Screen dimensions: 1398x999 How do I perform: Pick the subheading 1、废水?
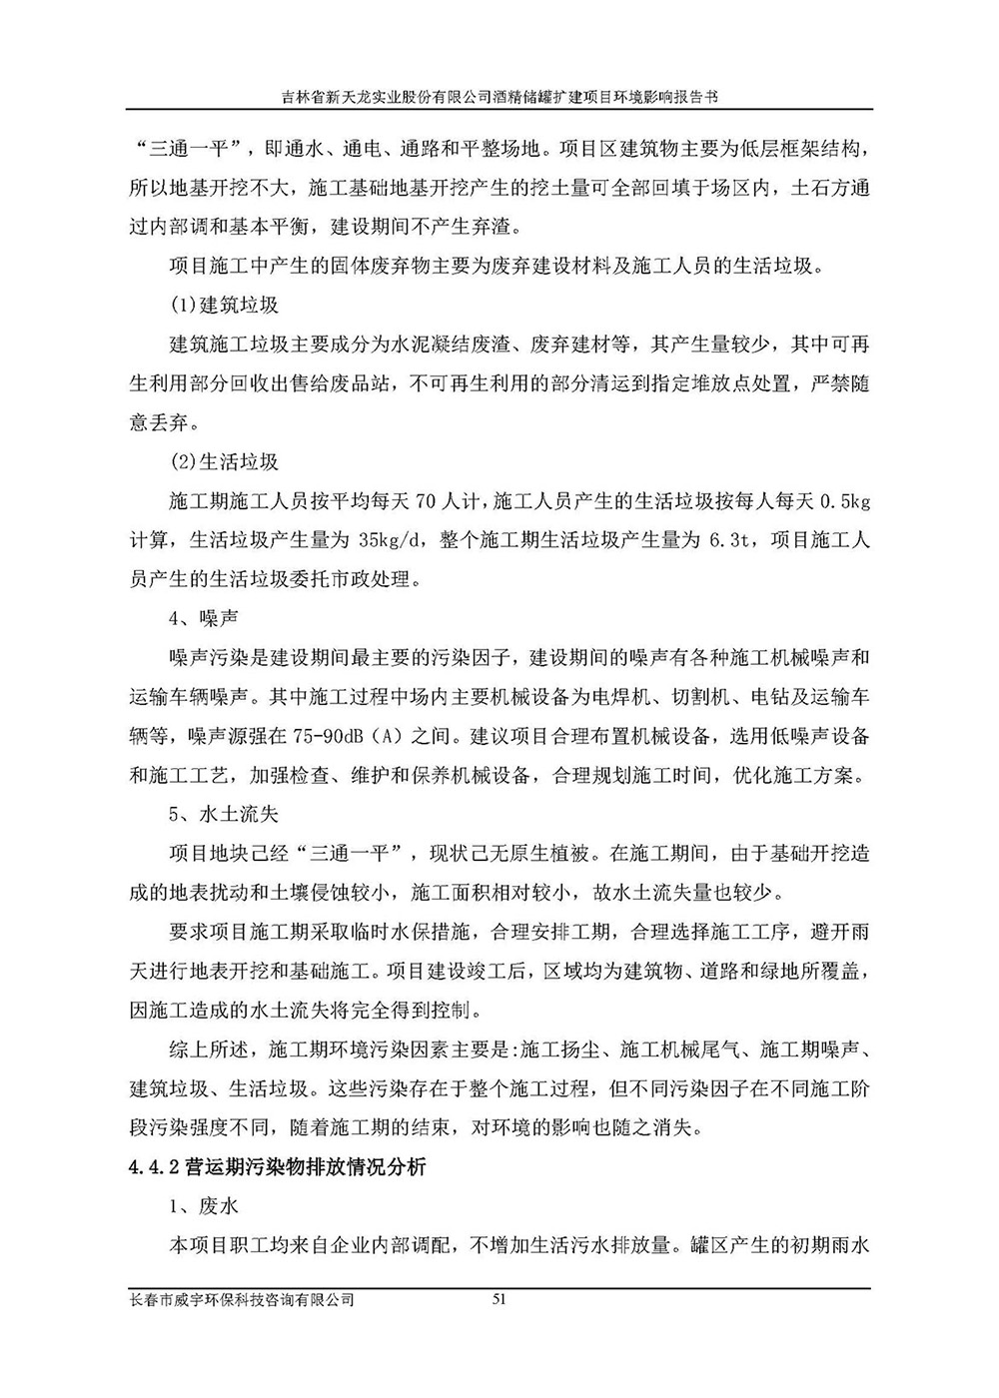[205, 1206]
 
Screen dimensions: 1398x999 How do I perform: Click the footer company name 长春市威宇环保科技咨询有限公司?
[242, 1299]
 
